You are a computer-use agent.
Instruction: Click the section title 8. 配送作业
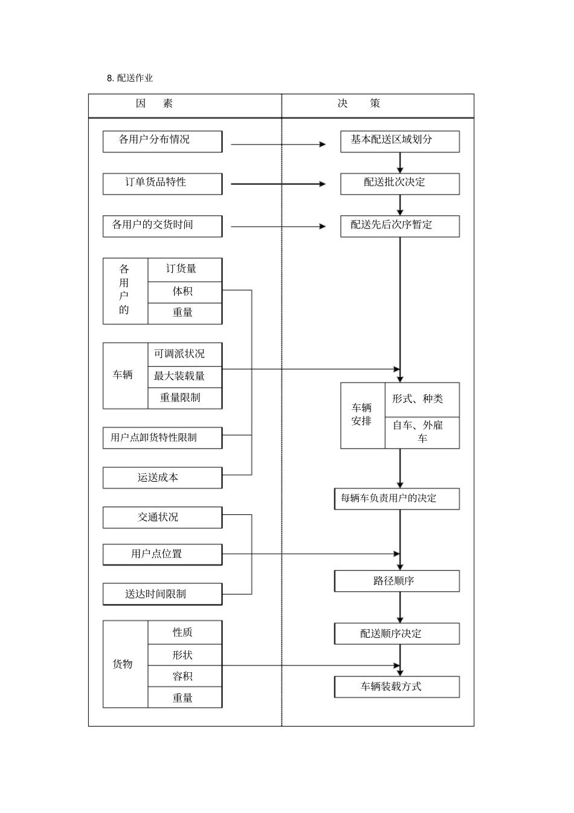130,78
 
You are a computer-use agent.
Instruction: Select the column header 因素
155,103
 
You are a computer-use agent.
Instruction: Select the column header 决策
359,103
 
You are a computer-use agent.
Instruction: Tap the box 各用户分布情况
162,141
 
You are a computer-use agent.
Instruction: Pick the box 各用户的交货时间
162,226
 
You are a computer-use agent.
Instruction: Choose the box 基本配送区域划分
399,141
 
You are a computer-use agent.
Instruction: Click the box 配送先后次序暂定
399,226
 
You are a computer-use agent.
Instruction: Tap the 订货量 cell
184,270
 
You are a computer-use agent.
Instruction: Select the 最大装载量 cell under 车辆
184,376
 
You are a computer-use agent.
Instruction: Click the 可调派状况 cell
184,354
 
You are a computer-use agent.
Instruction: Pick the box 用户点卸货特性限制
162,438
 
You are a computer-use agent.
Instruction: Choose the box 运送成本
162,478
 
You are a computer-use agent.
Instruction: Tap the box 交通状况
162,517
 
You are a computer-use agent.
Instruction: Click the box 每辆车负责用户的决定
396,499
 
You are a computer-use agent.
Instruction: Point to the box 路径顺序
396,581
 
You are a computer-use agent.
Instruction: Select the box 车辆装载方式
396,687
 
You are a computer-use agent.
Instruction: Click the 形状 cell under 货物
184,655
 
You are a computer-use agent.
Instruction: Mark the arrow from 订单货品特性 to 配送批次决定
278,184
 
